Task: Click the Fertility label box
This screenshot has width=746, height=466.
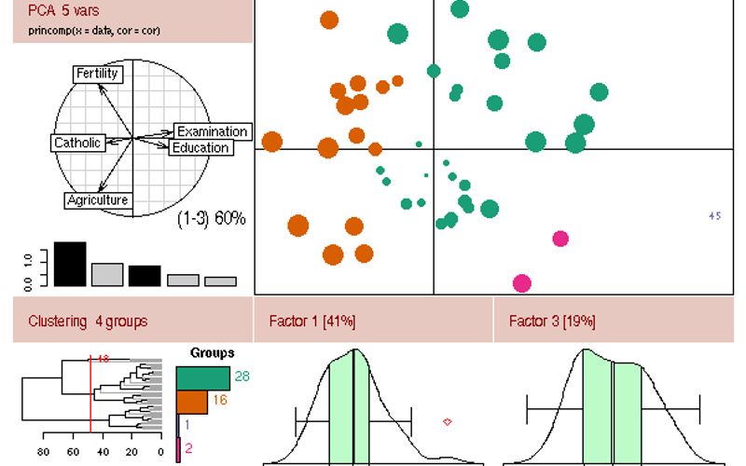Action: click(x=97, y=74)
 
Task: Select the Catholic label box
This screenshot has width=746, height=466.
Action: click(x=76, y=143)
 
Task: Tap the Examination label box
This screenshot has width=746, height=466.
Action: click(x=212, y=131)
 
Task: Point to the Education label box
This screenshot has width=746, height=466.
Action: click(x=200, y=147)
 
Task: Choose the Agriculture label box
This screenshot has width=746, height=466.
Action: click(x=97, y=199)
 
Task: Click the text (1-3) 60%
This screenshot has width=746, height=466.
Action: click(x=212, y=219)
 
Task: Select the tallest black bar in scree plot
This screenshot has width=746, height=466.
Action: click(x=70, y=264)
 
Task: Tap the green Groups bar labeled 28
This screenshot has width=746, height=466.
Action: click(x=202, y=377)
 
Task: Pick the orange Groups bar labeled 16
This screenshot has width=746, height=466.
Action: click(x=191, y=402)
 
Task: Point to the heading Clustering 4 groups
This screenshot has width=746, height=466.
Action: click(x=88, y=322)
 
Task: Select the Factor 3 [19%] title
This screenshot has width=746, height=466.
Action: click(x=552, y=322)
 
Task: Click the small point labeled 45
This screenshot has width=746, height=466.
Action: click(x=715, y=216)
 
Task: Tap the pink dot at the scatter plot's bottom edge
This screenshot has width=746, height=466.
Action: click(x=522, y=283)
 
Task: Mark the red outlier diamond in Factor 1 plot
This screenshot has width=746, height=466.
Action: click(x=448, y=422)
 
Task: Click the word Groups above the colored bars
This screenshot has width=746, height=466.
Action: click(x=212, y=353)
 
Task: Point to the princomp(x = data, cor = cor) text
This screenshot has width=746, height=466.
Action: click(x=87, y=31)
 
